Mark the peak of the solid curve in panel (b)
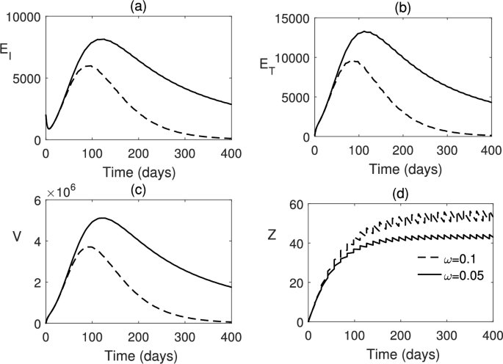[x=365, y=32]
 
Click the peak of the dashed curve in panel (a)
[x=88, y=66]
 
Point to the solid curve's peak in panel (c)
[x=102, y=217]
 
